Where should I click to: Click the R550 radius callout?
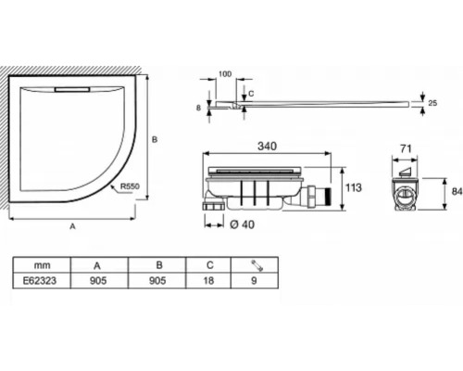pyautogui.click(x=130, y=186)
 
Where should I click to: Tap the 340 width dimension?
pyautogui.click(x=267, y=147)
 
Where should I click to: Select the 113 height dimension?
pyautogui.click(x=354, y=187)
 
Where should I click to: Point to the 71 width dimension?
pyautogui.click(x=406, y=149)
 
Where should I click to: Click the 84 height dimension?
pyautogui.click(x=457, y=192)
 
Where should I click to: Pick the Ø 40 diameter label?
pyautogui.click(x=243, y=224)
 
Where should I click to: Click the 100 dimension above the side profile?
pyautogui.click(x=225, y=74)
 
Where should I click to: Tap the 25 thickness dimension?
pyautogui.click(x=432, y=103)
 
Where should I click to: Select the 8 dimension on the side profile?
pyautogui.click(x=198, y=108)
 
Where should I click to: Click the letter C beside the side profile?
pyautogui.click(x=251, y=94)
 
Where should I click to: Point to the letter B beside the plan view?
pyautogui.click(x=155, y=140)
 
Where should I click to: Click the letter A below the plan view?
pyautogui.click(x=72, y=226)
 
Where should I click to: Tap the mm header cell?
pyautogui.click(x=42, y=265)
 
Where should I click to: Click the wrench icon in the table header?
pyautogui.click(x=257, y=265)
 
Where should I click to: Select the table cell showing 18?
pyautogui.click(x=208, y=281)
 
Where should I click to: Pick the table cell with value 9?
pyautogui.click(x=255, y=281)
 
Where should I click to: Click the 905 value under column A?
pyautogui.click(x=98, y=281)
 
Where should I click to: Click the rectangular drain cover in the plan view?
pyautogui.click(x=72, y=89)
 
